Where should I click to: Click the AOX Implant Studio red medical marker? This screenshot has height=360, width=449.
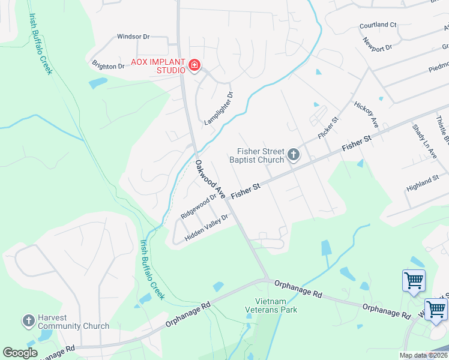pyautogui.click(x=194, y=65)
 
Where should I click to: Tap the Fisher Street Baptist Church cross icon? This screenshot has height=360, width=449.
pyautogui.click(x=294, y=155)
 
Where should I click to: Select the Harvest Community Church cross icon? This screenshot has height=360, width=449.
pyautogui.click(x=29, y=321)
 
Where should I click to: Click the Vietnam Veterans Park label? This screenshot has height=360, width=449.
pyautogui.click(x=271, y=305)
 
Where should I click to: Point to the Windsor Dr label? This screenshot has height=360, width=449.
pyautogui.click(x=133, y=37)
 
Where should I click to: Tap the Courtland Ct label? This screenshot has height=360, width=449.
pyautogui.click(x=378, y=25)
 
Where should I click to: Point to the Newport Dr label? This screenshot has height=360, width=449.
pyautogui.click(x=377, y=44)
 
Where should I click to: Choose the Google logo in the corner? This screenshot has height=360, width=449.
pyautogui.click(x=20, y=353)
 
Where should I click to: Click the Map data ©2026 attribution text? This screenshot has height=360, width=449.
pyautogui.click(x=423, y=355)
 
